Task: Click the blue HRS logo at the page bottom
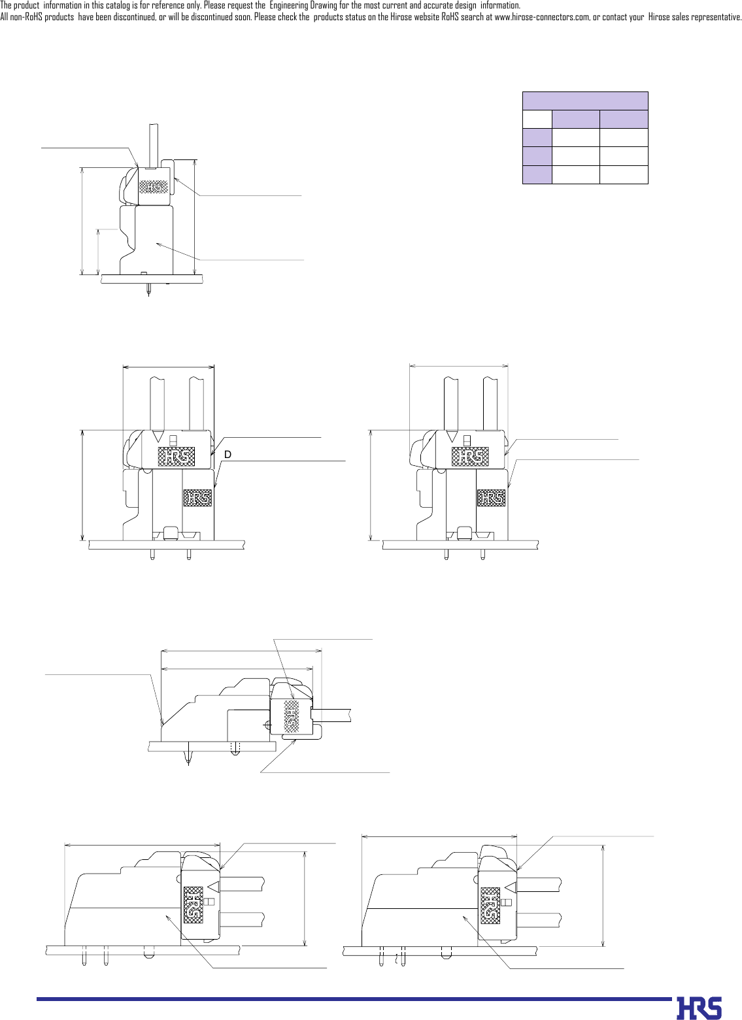click(699, 1008)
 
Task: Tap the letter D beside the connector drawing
click(228, 454)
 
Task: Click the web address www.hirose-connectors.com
click(542, 17)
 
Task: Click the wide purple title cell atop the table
click(585, 101)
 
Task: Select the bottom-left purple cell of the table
click(537, 174)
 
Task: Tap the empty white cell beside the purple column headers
click(537, 119)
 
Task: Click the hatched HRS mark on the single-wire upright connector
click(154, 187)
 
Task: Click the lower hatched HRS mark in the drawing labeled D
click(197, 498)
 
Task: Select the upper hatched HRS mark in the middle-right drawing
click(470, 456)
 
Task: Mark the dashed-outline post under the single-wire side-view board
click(236, 749)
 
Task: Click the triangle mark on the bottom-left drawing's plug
click(213, 886)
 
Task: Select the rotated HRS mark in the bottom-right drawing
click(490, 905)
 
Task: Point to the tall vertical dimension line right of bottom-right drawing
click(603, 895)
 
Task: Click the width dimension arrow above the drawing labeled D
click(169, 367)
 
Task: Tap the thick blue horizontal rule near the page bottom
click(353, 998)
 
